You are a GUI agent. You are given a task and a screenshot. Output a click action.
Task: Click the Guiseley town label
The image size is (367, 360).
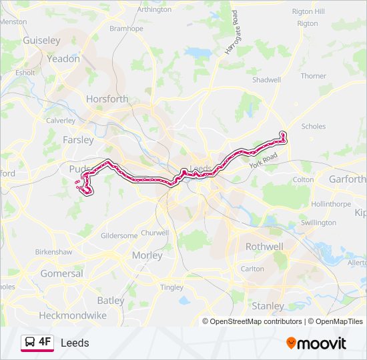point(41,40)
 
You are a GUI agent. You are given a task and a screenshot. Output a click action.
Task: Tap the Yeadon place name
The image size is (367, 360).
point(63,58)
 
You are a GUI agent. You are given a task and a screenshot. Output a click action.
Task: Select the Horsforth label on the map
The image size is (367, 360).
point(107,99)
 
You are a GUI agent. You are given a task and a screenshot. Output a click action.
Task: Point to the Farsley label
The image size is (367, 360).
point(78,140)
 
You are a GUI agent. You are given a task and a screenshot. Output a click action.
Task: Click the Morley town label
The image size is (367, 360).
point(147,255)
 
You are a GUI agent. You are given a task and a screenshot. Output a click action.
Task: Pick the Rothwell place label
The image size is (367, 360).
point(264,246)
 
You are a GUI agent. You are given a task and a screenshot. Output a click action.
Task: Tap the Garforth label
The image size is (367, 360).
point(348,179)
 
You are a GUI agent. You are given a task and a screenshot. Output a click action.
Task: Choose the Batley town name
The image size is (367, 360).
point(111,301)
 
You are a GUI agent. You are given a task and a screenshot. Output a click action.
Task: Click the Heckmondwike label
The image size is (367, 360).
point(72,315)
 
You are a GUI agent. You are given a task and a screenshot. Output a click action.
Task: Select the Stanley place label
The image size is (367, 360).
point(268,306)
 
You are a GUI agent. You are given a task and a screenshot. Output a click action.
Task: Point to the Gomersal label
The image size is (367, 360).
point(61,273)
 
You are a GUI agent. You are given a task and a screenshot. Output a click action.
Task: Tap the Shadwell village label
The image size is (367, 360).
point(266,79)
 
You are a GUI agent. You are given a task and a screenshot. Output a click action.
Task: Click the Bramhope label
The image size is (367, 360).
point(127,28)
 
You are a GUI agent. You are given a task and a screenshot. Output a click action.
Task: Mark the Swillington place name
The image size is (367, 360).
point(318,223)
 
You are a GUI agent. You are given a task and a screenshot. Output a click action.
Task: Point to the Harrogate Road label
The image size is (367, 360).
point(232,37)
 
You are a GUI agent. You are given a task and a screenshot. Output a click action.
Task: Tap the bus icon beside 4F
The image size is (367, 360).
point(30,343)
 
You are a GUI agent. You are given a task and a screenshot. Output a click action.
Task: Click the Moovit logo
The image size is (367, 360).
point(316,343)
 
